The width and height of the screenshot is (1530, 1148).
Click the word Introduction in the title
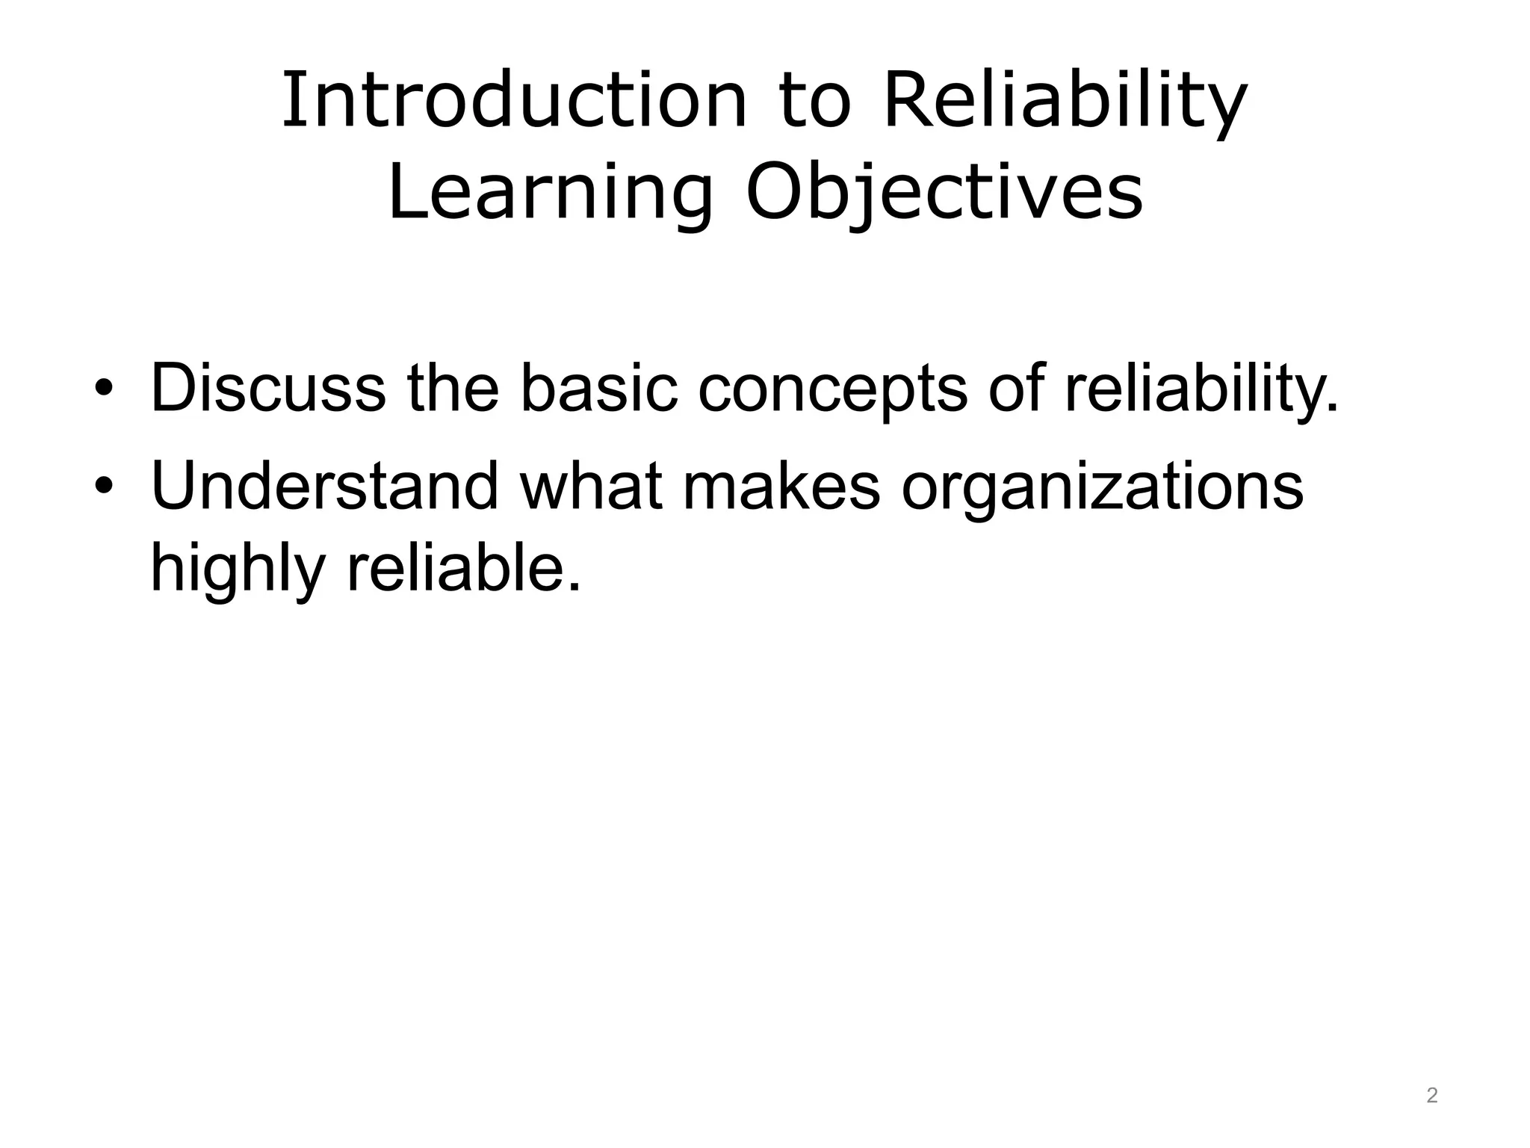pyautogui.click(x=514, y=100)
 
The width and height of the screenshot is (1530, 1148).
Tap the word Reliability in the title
pyautogui.click(x=1065, y=100)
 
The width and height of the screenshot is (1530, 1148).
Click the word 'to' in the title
pyautogui.click(x=815, y=100)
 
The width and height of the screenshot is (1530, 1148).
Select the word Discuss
pyautogui.click(x=268, y=389)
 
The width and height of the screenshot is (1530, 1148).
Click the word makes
pyautogui.click(x=781, y=487)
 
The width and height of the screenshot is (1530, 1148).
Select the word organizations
pyautogui.click(x=1102, y=490)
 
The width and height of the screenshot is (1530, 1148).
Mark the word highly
pyautogui.click(x=238, y=570)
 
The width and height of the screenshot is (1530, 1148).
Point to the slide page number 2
pyautogui.click(x=1431, y=1096)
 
